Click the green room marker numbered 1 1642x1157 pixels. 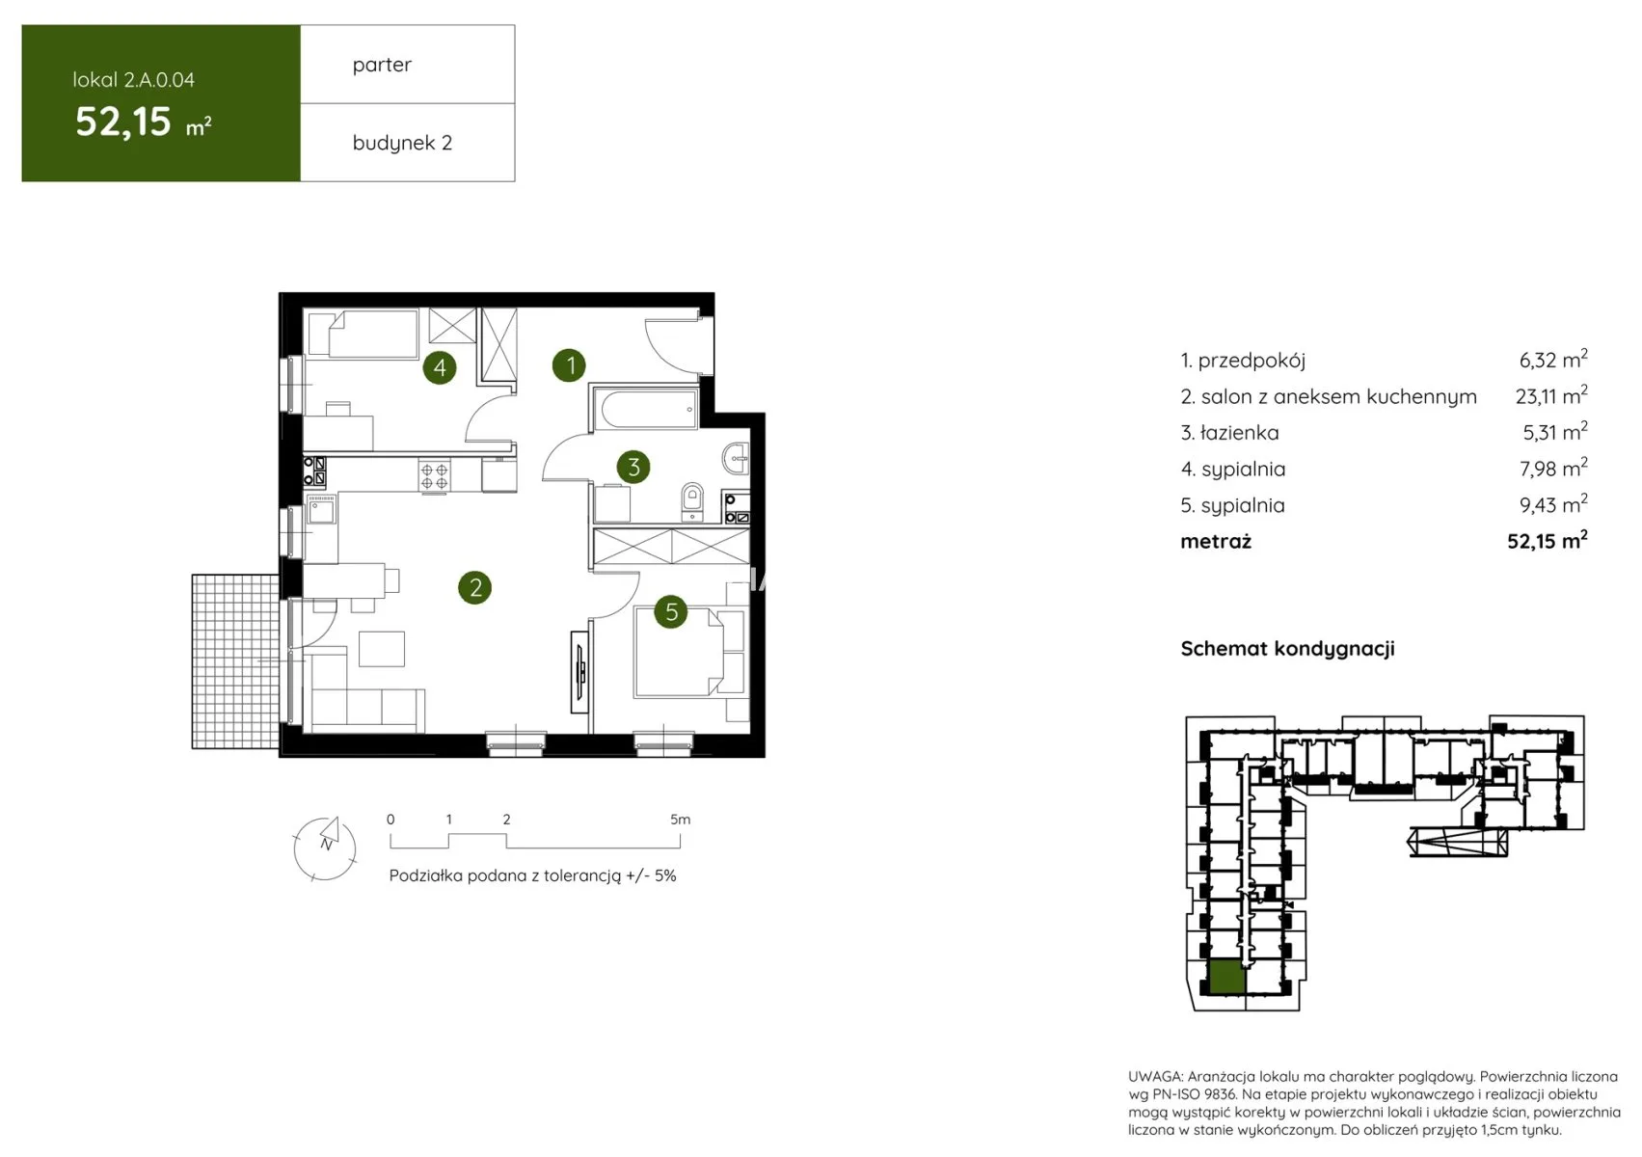[569, 365]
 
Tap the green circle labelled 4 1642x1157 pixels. [440, 367]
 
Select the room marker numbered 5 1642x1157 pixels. [671, 611]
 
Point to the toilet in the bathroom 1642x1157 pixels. [692, 499]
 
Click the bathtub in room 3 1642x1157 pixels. [645, 409]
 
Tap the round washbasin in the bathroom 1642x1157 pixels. [737, 459]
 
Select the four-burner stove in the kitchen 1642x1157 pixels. [435, 476]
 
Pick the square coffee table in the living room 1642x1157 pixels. [381, 649]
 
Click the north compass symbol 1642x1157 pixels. [326, 848]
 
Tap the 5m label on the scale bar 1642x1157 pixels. [681, 819]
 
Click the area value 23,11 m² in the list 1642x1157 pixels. [1551, 395]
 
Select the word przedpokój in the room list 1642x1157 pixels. [1252, 361]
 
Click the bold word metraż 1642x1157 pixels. [1216, 541]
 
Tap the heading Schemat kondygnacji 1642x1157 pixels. [1287, 649]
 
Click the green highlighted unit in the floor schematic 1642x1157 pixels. [1226, 978]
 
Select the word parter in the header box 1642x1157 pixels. [382, 65]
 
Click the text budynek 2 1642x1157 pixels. [402, 143]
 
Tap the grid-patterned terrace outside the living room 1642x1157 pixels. [235, 661]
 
